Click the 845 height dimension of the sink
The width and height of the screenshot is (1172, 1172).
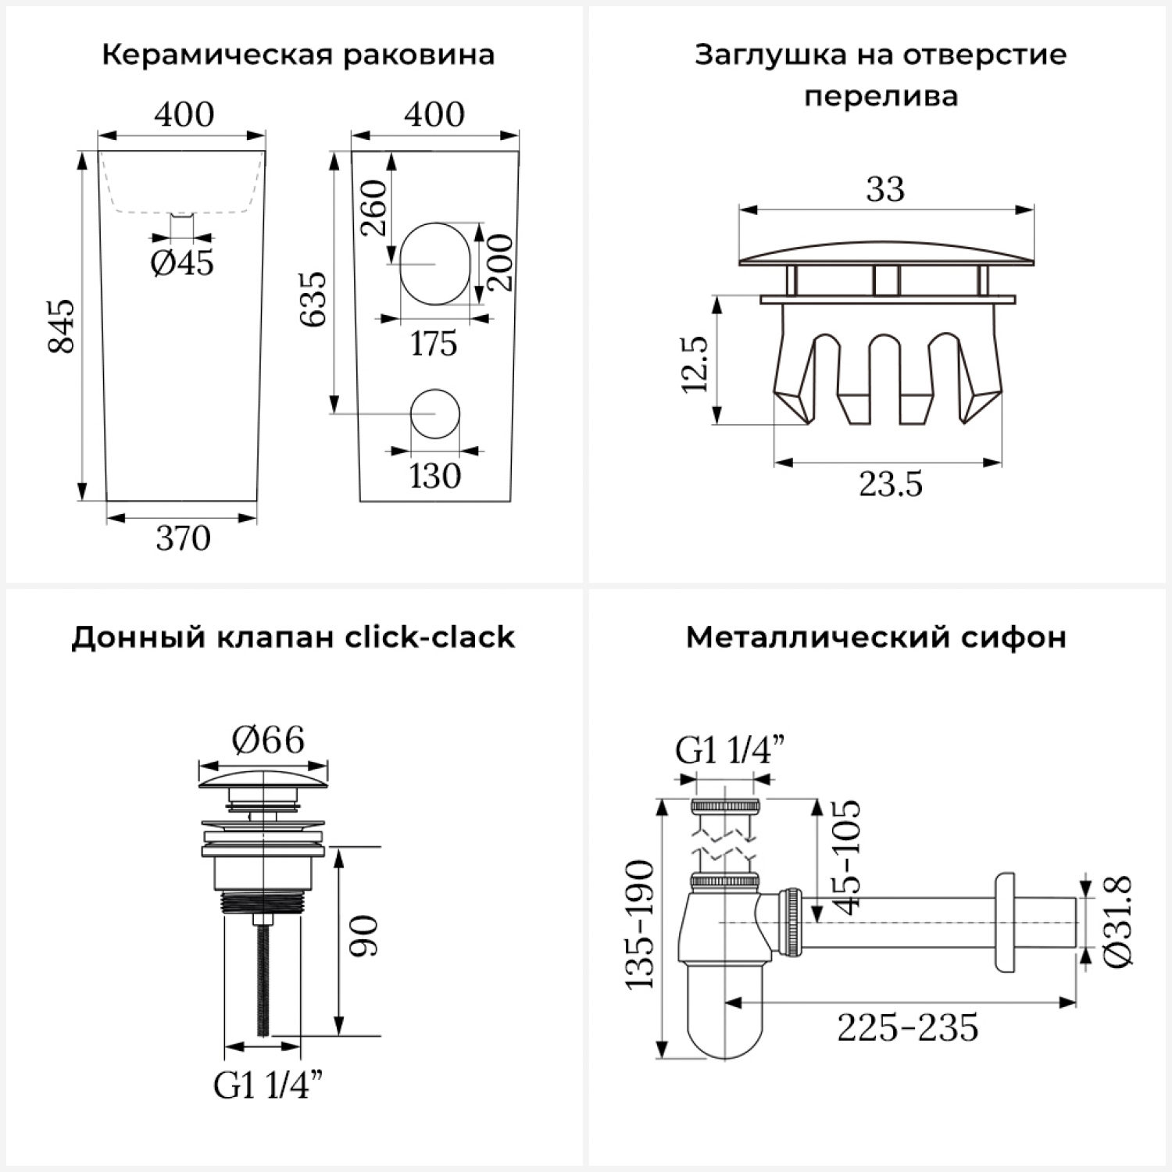[63, 325]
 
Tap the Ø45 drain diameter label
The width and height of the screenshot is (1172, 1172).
[182, 263]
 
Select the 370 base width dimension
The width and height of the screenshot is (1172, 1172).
[183, 538]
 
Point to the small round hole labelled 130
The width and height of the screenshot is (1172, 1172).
[434, 413]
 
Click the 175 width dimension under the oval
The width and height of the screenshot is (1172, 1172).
[434, 343]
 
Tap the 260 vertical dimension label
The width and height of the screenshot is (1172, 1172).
[375, 208]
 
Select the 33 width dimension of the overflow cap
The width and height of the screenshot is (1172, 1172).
[885, 189]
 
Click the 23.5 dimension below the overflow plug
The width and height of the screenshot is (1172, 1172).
[891, 484]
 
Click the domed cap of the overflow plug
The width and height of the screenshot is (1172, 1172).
[887, 252]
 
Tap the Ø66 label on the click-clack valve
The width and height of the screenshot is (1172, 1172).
[268, 739]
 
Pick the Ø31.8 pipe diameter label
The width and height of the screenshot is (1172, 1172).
[1118, 922]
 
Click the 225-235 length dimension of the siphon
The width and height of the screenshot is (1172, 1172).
[907, 1027]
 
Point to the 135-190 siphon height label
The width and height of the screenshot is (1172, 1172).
[640, 924]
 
